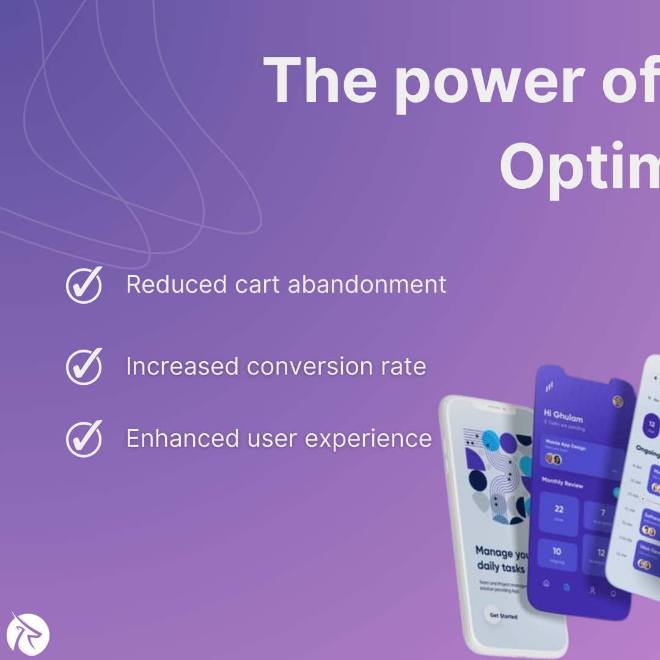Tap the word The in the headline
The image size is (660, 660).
(x=317, y=81)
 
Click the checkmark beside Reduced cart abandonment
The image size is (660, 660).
(x=84, y=285)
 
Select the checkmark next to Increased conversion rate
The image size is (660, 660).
(x=84, y=367)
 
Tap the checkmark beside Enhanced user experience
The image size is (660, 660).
(x=84, y=438)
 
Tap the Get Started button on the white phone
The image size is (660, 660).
(x=503, y=615)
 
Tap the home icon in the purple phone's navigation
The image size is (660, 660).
(x=545, y=584)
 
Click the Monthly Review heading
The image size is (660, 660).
(x=562, y=485)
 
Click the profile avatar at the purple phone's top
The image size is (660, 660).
(x=618, y=402)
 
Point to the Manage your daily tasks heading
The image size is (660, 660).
(x=502, y=559)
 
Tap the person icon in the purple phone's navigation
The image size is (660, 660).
(x=592, y=590)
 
